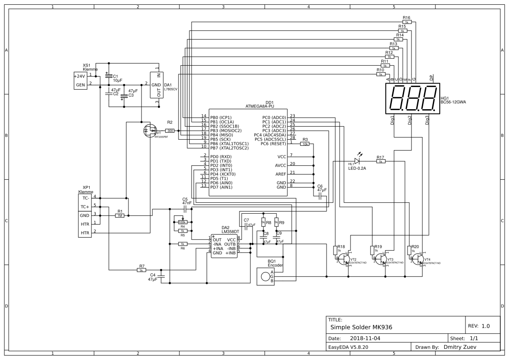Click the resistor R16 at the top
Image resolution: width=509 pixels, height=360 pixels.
coord(407,22)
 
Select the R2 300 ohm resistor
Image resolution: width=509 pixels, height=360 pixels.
coord(170,131)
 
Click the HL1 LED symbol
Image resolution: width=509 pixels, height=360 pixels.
coord(357,161)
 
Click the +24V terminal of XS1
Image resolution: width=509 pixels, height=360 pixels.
coord(80,76)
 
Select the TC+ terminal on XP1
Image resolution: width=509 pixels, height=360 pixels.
coord(84,207)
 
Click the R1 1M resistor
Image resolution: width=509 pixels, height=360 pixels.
coord(119,215)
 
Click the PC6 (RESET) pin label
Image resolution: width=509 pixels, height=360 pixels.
coord(274,144)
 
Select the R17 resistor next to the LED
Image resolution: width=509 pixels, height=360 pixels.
coord(381,161)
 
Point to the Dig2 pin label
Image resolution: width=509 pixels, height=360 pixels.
coord(410,120)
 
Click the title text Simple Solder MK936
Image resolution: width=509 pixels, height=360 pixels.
coord(362,327)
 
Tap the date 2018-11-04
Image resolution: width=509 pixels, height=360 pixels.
coord(365,338)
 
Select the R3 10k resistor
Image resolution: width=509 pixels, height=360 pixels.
coord(305,144)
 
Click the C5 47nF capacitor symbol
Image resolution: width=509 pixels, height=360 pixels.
coord(186,209)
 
